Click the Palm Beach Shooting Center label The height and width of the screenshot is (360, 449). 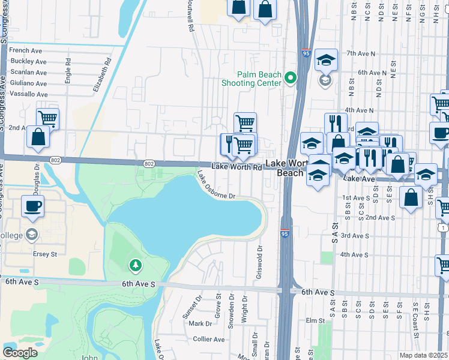pos(259,79)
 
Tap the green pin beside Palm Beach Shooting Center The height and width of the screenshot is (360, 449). pos(291,77)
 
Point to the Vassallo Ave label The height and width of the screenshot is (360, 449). pos(28,95)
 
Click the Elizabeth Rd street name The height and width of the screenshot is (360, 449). pos(102,74)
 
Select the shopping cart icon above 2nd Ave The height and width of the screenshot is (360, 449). pos(48,118)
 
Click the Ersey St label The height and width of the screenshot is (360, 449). pos(45,254)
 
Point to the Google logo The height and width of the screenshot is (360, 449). pos(20,352)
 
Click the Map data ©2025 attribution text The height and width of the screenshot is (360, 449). pos(424,355)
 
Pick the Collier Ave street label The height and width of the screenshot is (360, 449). pos(209,340)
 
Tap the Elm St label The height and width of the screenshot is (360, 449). pos(315,320)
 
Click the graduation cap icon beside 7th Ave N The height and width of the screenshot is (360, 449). pos(326,59)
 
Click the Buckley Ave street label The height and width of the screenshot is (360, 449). pos(29,62)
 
